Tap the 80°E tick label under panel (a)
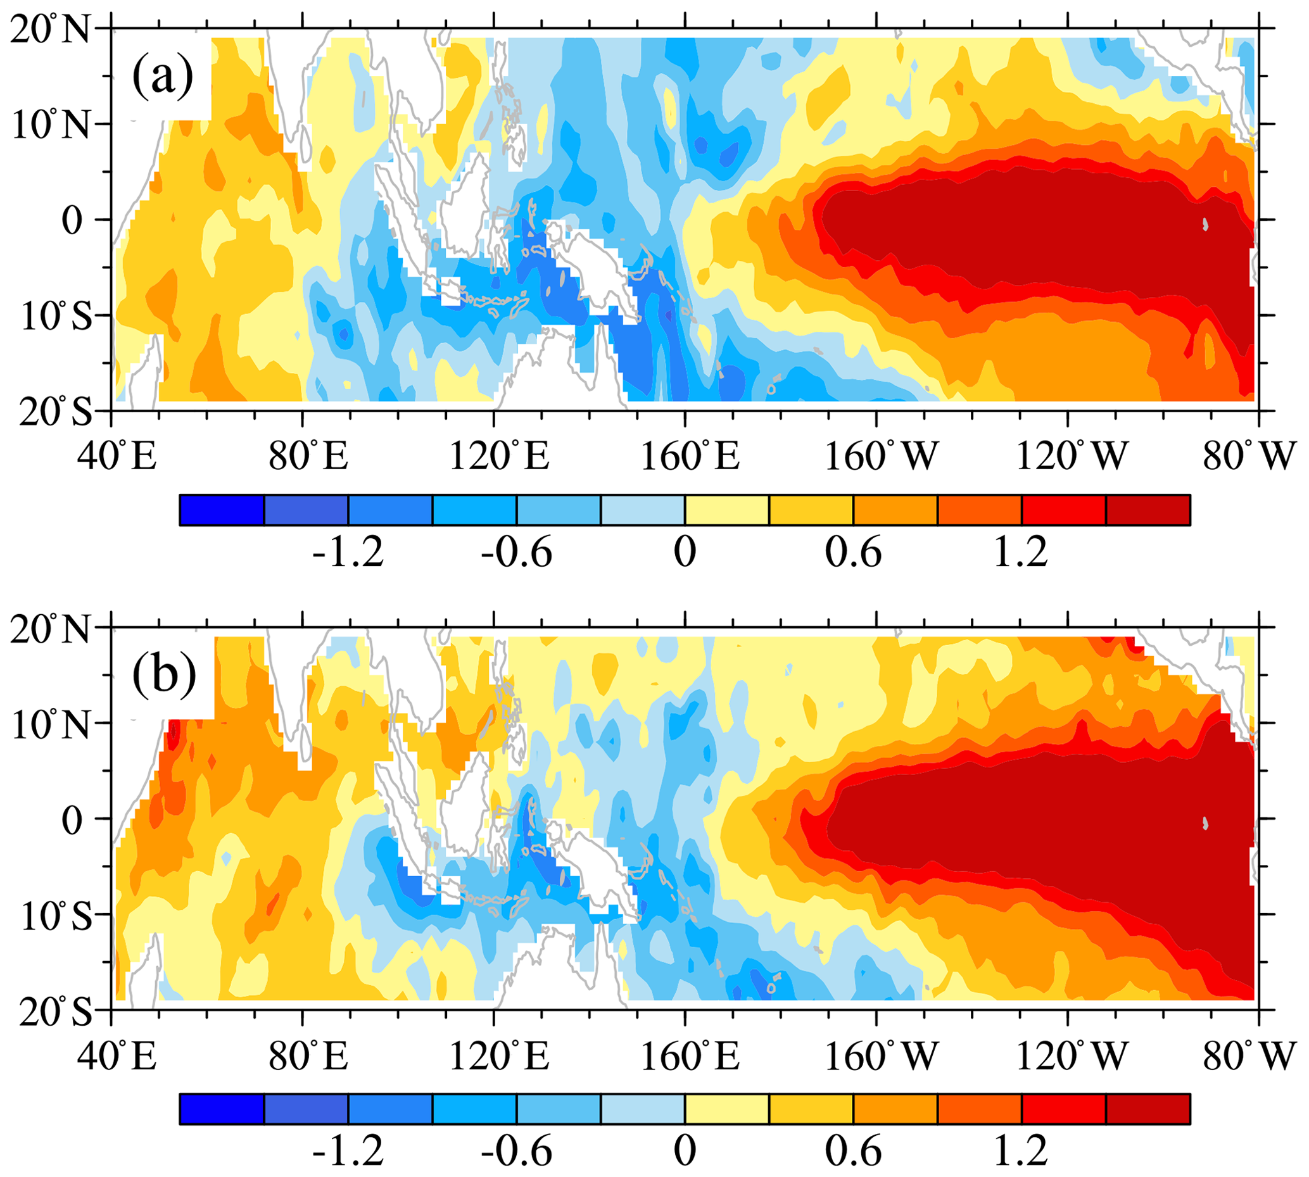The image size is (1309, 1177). (309, 456)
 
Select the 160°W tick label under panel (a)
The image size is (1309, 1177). (881, 456)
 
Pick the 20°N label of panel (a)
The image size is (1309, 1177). (51, 30)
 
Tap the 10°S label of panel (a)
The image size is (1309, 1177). (56, 317)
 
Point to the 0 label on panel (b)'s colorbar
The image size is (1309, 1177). (685, 1152)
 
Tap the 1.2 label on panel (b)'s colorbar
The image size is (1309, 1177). (1021, 1152)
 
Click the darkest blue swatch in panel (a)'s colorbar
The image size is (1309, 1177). (221, 510)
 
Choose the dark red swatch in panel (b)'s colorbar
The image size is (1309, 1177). (1148, 1109)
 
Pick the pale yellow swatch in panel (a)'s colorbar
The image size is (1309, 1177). (727, 510)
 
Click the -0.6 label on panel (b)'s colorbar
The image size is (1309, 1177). (516, 1152)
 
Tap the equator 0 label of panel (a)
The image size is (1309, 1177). (72, 220)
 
